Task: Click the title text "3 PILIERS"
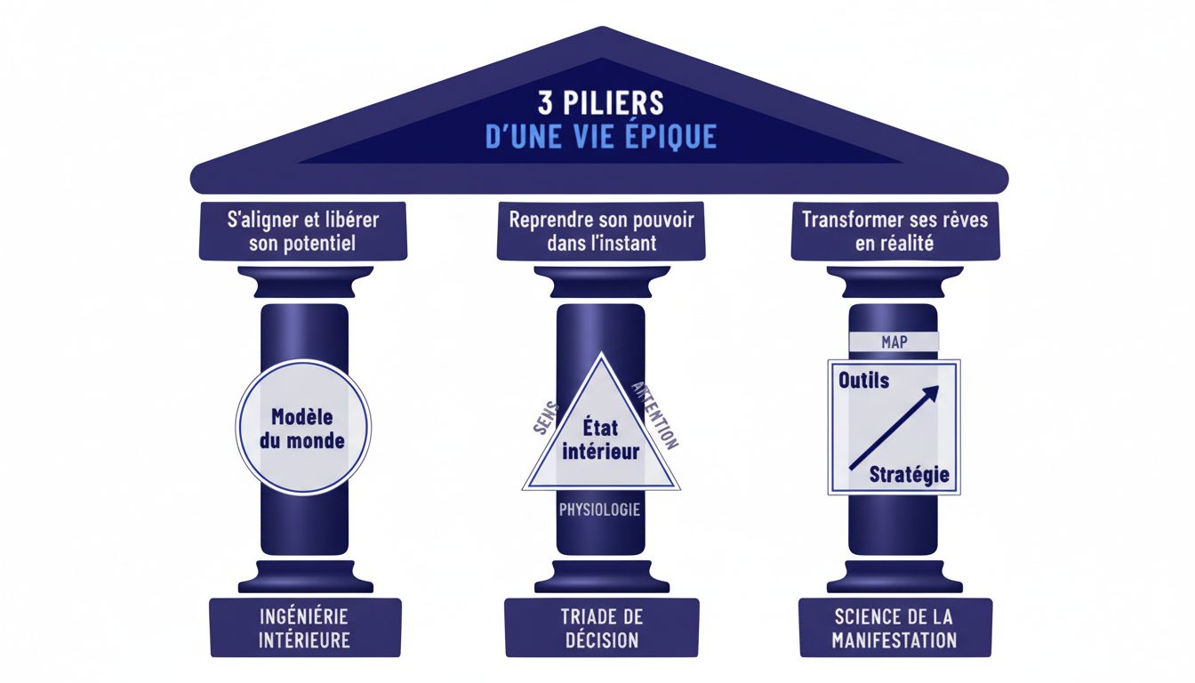[601, 102]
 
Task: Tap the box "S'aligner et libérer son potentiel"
[302, 231]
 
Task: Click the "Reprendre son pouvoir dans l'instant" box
[601, 231]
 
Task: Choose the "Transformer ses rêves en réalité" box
[894, 231]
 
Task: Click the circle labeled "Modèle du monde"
[303, 428]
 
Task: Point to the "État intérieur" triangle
[601, 440]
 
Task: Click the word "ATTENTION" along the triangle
[654, 414]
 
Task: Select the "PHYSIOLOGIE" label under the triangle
[600, 510]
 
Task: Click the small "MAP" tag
[894, 342]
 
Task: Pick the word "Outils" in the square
[863, 381]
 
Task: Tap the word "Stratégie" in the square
[909, 474]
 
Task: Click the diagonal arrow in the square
[894, 427]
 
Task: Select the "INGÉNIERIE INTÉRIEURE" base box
[305, 628]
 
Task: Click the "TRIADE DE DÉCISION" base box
[601, 628]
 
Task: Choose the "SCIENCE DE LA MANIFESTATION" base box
[894, 628]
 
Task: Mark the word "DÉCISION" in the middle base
[601, 640]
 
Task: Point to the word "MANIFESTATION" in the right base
[894, 640]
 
